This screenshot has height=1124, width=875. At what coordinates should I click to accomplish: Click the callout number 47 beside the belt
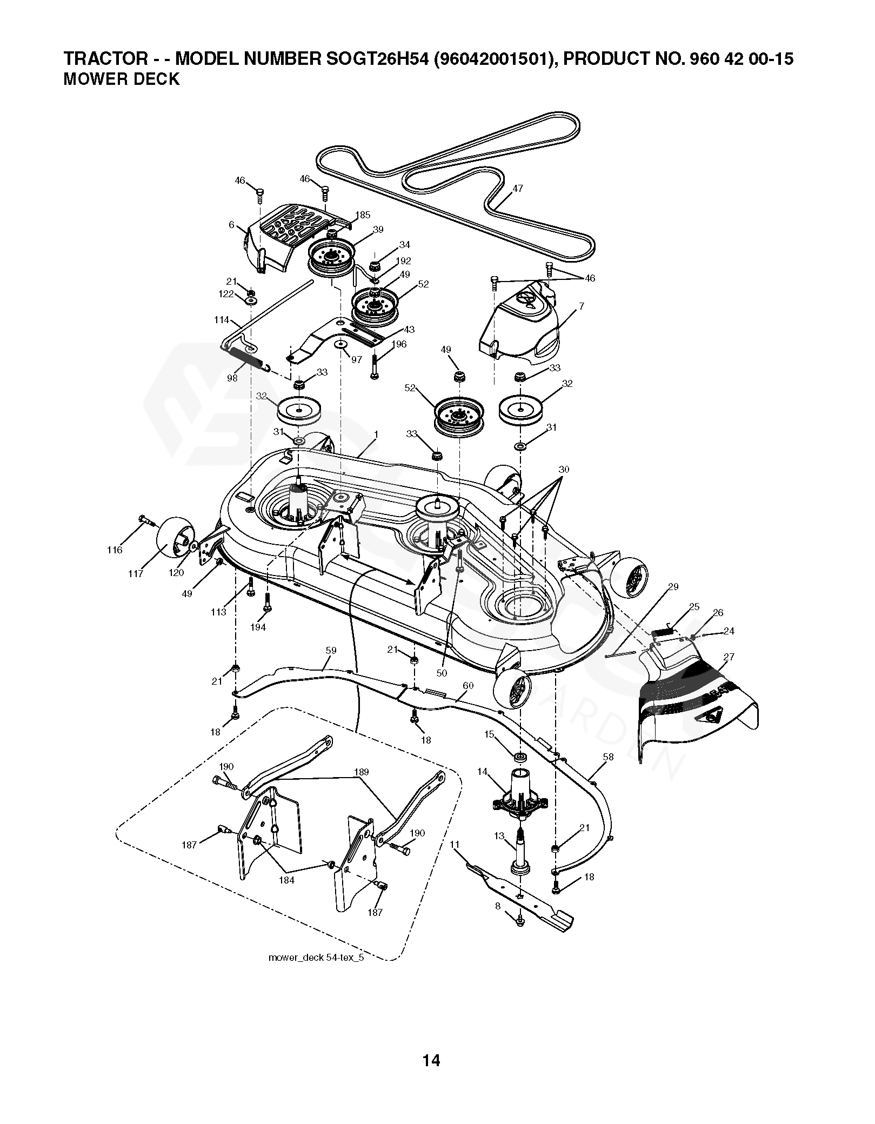pyautogui.click(x=518, y=189)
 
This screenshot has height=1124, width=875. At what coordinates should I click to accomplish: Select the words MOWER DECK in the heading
pyautogui.click(x=121, y=79)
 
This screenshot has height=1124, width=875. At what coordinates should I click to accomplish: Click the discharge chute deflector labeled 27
pyautogui.click(x=697, y=702)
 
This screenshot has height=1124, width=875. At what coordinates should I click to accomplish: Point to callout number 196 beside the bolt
pyautogui.click(x=400, y=344)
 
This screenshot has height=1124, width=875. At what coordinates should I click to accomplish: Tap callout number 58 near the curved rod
pyautogui.click(x=608, y=757)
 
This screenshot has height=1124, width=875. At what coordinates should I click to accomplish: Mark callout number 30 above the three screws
pyautogui.click(x=564, y=470)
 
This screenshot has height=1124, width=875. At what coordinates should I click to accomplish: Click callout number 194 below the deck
pyautogui.click(x=258, y=627)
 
